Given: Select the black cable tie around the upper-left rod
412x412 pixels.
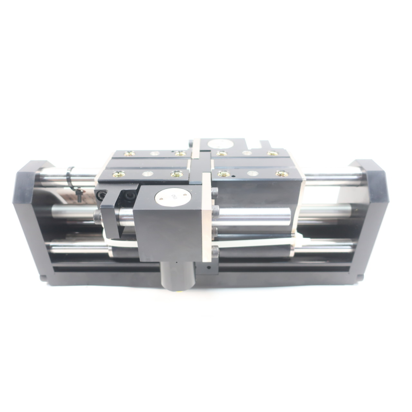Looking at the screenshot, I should (x=71, y=177).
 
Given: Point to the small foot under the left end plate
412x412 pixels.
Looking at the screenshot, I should (x=43, y=277).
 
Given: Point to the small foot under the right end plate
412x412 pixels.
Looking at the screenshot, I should (x=360, y=277).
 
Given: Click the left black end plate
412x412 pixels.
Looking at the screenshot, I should (x=33, y=217).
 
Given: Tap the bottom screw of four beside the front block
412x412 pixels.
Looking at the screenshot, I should (x=215, y=252).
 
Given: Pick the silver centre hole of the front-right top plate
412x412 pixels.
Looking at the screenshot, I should (x=252, y=174).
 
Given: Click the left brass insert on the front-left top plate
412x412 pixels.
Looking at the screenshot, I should (x=119, y=174).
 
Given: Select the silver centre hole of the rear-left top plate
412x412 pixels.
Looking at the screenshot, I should (x=154, y=153).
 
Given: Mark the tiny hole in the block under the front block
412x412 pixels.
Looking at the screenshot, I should (x=208, y=266).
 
